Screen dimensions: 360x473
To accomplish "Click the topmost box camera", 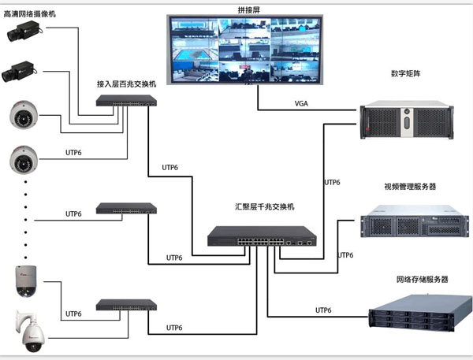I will [24, 32].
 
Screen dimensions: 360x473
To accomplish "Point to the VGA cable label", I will [302, 103].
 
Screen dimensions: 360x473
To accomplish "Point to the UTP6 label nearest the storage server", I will [324, 309].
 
